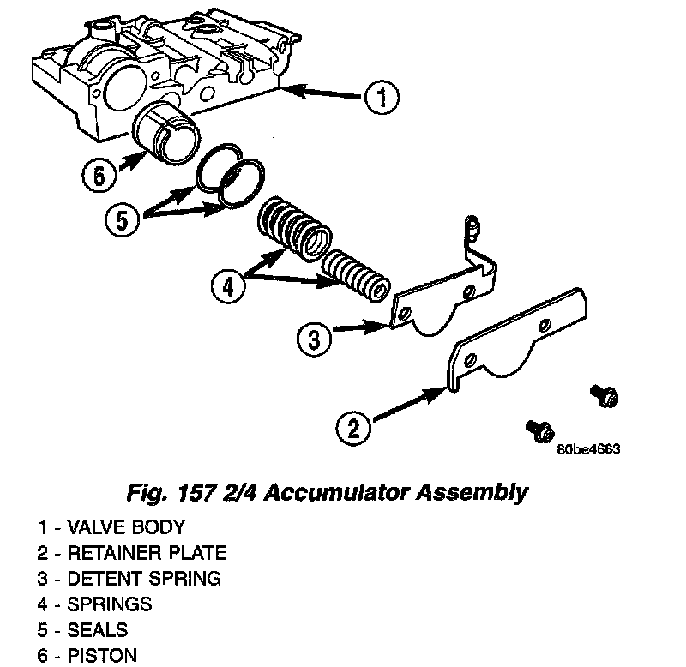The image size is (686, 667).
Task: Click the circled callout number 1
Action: [379, 98]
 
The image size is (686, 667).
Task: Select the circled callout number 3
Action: [313, 339]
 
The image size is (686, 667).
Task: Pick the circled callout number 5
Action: [121, 219]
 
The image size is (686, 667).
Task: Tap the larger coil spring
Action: [293, 227]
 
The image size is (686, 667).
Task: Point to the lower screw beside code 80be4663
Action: [539, 428]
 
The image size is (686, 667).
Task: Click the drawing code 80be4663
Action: [588, 449]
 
